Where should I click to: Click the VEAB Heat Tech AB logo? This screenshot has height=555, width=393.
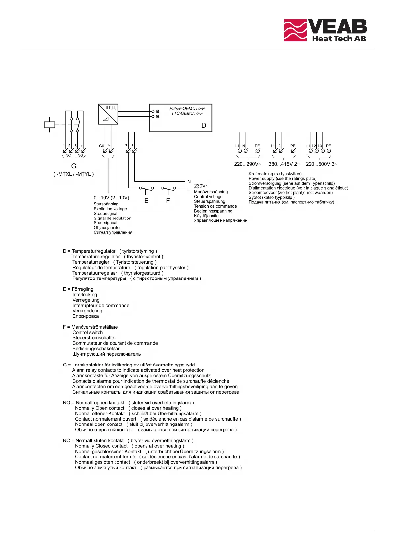click(325, 30)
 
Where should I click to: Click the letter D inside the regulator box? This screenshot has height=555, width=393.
click(204, 125)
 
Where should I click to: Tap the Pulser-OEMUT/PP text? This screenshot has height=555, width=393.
click(187, 108)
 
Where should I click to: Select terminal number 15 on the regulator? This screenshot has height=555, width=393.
click(157, 112)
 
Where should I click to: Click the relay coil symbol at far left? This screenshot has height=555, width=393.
click(49, 125)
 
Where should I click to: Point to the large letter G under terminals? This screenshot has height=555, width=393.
click(74, 166)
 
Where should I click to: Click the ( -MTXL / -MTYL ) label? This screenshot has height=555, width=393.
click(74, 174)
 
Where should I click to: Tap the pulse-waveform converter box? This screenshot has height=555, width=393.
click(108, 114)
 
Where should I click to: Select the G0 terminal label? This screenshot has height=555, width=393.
click(101, 146)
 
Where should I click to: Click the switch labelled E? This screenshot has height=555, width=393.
click(146, 189)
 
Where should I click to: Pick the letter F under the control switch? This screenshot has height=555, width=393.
click(168, 200)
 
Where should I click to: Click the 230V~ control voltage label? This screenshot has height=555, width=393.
click(201, 186)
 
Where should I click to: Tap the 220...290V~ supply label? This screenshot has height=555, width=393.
click(247, 164)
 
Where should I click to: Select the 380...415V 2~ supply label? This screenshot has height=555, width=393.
click(284, 164)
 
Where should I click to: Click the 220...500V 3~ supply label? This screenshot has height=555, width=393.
click(321, 164)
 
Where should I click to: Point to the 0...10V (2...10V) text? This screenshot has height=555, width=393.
click(112, 198)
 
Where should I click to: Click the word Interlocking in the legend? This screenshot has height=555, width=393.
click(85, 295)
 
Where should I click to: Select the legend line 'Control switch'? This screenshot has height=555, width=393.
click(87, 332)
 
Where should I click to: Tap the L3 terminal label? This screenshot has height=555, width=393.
click(320, 146)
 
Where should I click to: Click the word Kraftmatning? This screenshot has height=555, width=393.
click(261, 174)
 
